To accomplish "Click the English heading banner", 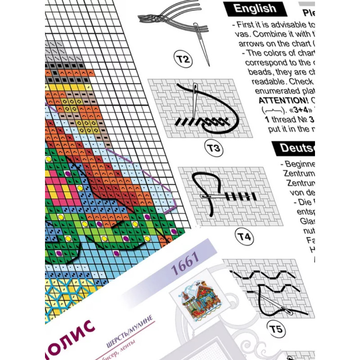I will click(x=255, y=8).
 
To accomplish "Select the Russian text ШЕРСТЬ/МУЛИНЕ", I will click(x=130, y=327).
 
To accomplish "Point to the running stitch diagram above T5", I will click(x=265, y=288).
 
